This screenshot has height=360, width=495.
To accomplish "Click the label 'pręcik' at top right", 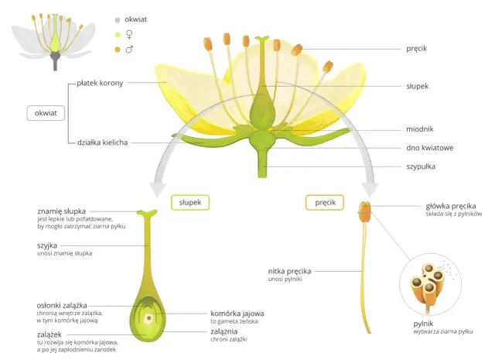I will [417, 49].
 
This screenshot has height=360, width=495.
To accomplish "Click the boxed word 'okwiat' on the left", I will [45, 113].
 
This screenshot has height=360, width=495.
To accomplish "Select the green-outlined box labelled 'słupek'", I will [189, 203].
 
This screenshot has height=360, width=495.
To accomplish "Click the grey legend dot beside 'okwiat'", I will [117, 19].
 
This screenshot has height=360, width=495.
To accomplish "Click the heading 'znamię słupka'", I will [61, 211].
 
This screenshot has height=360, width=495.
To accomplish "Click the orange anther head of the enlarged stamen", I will [364, 209].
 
